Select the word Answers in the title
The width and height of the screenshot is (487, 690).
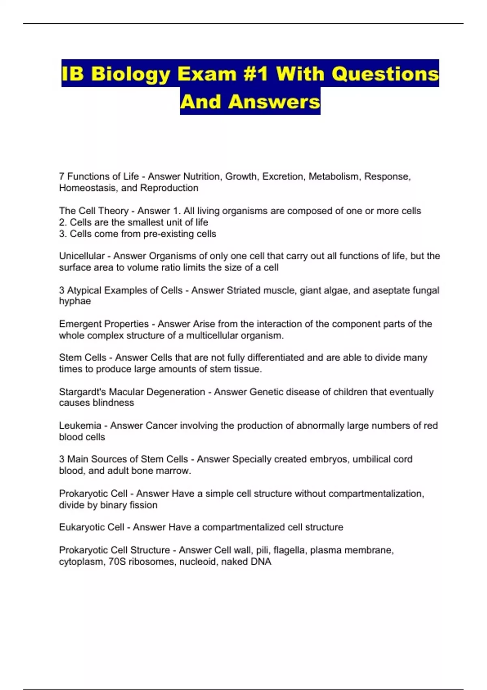(274, 102)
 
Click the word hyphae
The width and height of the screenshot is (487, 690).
(75, 301)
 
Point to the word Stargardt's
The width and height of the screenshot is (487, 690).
(82, 392)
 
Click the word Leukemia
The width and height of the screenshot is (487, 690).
(80, 425)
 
